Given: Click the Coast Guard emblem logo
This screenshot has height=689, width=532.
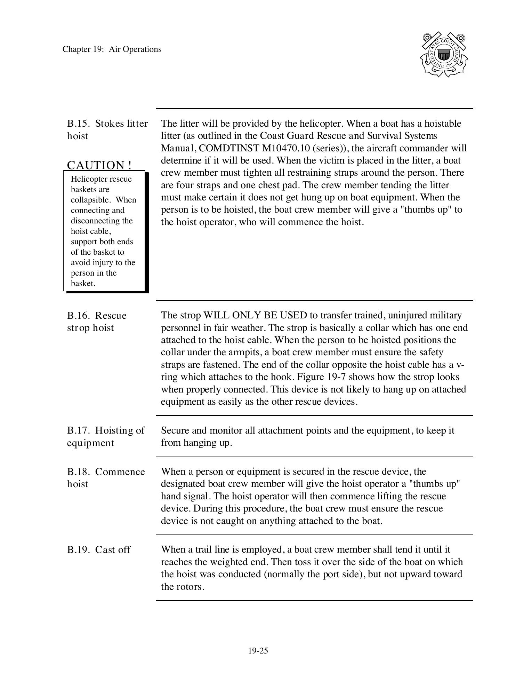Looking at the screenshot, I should pyautogui.click(x=444, y=55).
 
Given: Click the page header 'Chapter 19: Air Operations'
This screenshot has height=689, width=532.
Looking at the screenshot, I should pyautogui.click(x=112, y=49).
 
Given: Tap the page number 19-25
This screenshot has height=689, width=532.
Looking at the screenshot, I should pyautogui.click(x=258, y=651).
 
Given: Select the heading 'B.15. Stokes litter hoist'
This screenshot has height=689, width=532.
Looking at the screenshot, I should pyautogui.click(x=107, y=129).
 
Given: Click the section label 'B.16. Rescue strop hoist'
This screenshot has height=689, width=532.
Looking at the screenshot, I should pyautogui.click(x=97, y=321).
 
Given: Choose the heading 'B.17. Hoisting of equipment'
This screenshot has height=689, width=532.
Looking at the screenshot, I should pyautogui.click(x=105, y=436).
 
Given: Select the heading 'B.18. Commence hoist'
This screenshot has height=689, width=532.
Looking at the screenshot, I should pyautogui.click(x=106, y=477).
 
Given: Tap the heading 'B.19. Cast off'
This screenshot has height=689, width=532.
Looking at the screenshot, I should pyautogui.click(x=99, y=550).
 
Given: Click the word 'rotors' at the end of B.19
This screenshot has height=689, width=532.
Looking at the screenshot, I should pyautogui.click(x=188, y=587).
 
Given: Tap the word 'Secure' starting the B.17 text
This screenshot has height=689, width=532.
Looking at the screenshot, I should pyautogui.click(x=175, y=430).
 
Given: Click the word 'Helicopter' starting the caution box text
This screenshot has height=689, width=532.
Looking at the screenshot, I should pyautogui.click(x=89, y=179).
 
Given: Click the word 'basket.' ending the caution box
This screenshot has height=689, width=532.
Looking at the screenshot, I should pyautogui.click(x=83, y=283).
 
